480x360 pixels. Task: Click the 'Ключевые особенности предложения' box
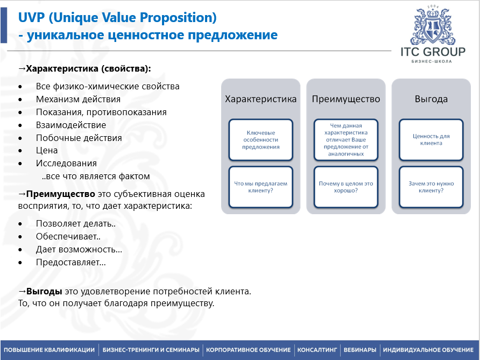261,139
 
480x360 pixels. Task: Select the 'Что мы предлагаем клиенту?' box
261,187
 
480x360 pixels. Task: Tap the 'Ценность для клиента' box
431,139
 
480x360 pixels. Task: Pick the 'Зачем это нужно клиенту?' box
431,187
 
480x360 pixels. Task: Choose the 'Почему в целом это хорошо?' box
346,187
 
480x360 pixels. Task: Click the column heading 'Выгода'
431,99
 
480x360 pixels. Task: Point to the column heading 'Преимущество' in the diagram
346,99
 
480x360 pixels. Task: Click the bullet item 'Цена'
47,150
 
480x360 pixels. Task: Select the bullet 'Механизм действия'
78,99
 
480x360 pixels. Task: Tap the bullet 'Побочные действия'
79,138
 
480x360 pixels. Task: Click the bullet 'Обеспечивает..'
68,236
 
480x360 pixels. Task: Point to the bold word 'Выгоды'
44,291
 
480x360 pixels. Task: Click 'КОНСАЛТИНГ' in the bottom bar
317,350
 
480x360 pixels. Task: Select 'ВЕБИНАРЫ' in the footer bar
360,350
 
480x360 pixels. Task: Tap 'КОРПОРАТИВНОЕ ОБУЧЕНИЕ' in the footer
248,350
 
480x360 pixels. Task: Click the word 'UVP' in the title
31,17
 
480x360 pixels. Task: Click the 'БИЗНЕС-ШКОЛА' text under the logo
432,61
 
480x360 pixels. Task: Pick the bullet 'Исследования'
66,163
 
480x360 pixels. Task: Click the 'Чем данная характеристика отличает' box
346,139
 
